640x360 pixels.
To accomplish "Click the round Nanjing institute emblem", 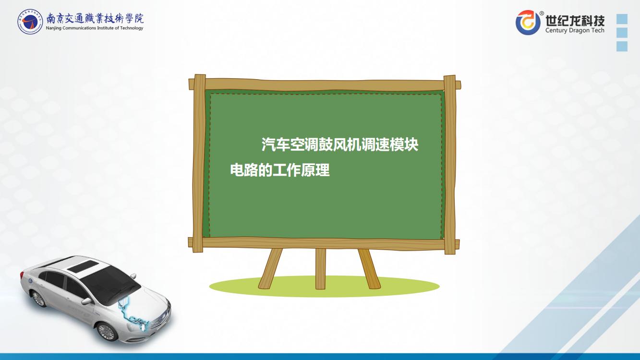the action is [x=30, y=22].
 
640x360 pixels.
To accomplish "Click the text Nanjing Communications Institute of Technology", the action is [x=95, y=28].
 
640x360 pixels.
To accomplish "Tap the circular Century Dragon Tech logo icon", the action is [x=528, y=23].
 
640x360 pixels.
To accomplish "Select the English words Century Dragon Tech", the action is [x=575, y=30].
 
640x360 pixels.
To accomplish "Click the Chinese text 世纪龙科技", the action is [x=575, y=20].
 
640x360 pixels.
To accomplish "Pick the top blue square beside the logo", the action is [x=622, y=19].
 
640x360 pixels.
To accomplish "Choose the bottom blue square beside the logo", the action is [x=622, y=46].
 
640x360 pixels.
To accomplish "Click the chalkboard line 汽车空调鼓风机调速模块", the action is [x=340, y=144].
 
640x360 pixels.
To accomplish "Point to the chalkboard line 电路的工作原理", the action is [x=280, y=170].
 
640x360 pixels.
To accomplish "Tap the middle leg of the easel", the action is [x=321, y=269].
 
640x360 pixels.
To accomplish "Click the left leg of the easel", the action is [x=270, y=269].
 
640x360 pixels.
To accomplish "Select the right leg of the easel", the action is [x=369, y=269].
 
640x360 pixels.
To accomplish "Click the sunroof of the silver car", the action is [x=82, y=266].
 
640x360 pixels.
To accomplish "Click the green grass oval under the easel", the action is [x=324, y=286].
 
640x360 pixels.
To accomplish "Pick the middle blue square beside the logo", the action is [x=622, y=33].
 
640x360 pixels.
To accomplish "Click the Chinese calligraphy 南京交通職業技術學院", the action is [x=95, y=19].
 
